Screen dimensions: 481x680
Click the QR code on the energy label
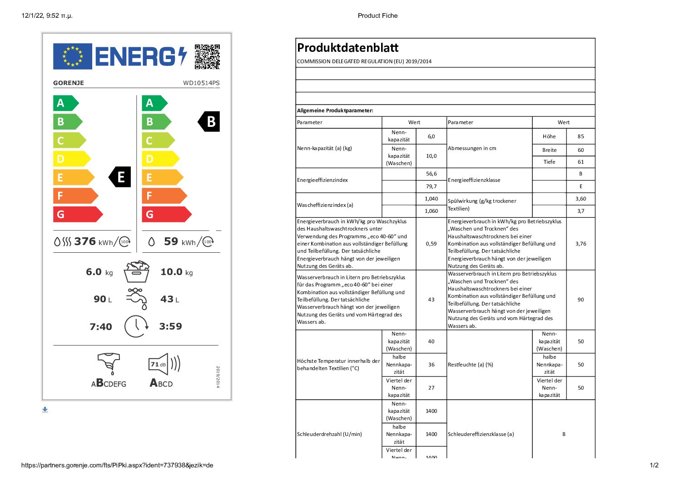(207, 57)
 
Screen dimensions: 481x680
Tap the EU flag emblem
(73, 56)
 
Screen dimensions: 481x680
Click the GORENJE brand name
(69, 83)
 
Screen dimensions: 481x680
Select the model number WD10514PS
(201, 83)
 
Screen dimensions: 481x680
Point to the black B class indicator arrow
(209, 122)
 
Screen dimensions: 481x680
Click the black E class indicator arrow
(120, 177)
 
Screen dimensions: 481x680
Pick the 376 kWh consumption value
(85, 241)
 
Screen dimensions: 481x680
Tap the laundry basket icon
(137, 271)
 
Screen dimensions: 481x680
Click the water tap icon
(137, 299)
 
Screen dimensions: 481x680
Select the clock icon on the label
(136, 326)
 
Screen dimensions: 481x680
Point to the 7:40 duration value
(101, 327)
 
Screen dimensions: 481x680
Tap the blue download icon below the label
(45, 410)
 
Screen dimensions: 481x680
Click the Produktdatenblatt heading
(347, 48)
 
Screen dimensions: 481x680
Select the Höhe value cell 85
(581, 136)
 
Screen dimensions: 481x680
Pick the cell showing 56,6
(431, 174)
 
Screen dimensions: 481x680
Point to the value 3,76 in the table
(581, 244)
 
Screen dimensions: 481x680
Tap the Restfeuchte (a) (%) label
(470, 365)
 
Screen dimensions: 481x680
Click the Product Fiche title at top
(377, 15)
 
